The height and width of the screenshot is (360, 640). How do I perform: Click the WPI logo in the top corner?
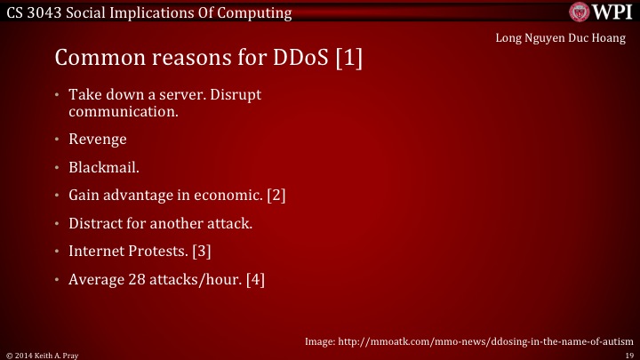601,12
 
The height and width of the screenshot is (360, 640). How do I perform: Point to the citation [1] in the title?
350,59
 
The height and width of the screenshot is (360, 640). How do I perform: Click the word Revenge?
98,140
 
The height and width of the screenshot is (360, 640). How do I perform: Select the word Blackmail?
101,167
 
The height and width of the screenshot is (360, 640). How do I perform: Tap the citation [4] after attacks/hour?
254,279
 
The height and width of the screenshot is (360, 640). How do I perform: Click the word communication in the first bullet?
124,112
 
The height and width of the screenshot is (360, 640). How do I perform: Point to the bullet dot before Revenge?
56,140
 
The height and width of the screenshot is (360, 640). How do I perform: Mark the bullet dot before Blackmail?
56,167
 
